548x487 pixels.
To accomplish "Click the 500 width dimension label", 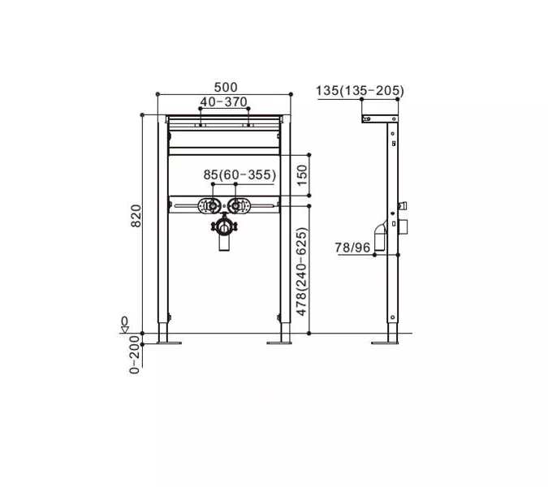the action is [226, 87].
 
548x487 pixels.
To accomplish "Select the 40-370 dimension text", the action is [224, 102].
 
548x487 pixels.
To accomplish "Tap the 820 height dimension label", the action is [136, 216].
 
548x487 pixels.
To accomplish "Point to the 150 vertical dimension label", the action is [302, 175].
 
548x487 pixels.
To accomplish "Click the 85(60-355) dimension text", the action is [239, 175].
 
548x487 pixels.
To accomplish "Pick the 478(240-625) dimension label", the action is [301, 272].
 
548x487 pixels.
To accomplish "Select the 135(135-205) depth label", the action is [360, 91].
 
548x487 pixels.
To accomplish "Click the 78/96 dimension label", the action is [352, 248].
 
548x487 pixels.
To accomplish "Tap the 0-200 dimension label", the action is [135, 355].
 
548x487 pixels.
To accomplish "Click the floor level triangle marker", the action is [125, 329].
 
